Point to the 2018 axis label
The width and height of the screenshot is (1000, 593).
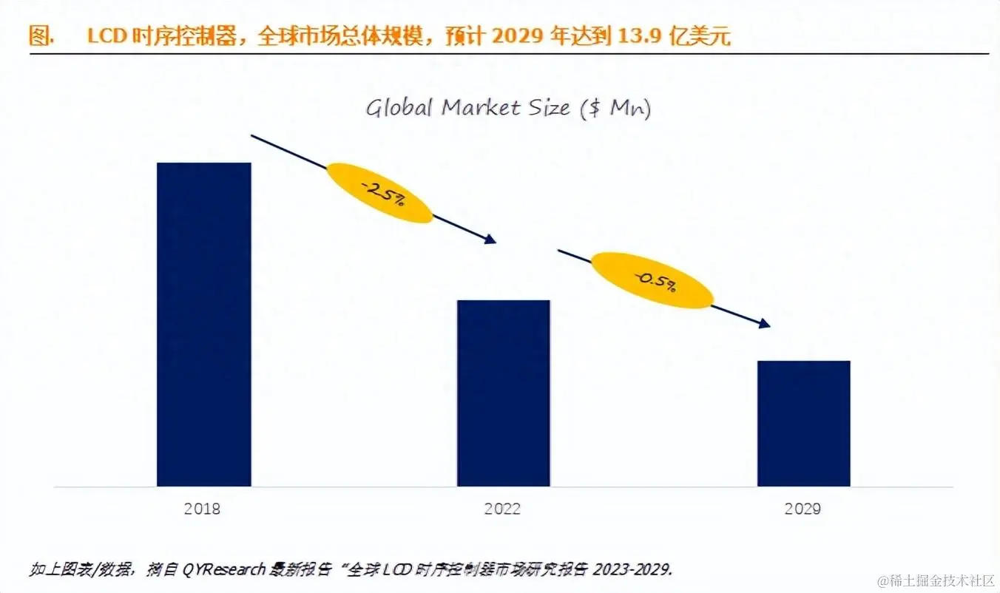click(202, 509)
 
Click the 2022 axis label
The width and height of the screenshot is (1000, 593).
click(502, 509)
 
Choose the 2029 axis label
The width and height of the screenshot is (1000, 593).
click(803, 509)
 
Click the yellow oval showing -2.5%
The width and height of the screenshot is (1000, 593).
click(379, 192)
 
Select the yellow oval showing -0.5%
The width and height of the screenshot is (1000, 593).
click(652, 280)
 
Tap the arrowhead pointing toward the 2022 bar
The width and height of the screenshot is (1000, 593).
click(489, 239)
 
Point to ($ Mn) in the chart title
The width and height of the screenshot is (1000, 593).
click(615, 109)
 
